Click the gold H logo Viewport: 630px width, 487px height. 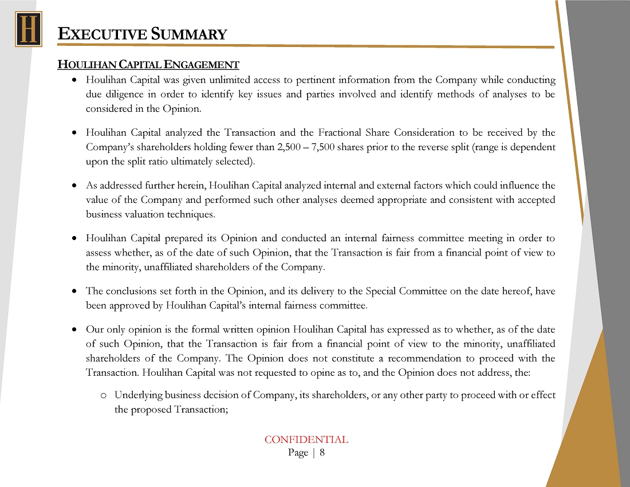(x=28, y=29)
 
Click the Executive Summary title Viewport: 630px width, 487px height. (x=143, y=34)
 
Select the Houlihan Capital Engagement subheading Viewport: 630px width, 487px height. (x=148, y=64)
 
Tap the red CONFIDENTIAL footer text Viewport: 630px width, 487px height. (x=306, y=439)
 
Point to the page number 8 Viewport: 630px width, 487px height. (x=322, y=453)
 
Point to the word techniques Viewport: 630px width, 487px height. (x=193, y=214)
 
